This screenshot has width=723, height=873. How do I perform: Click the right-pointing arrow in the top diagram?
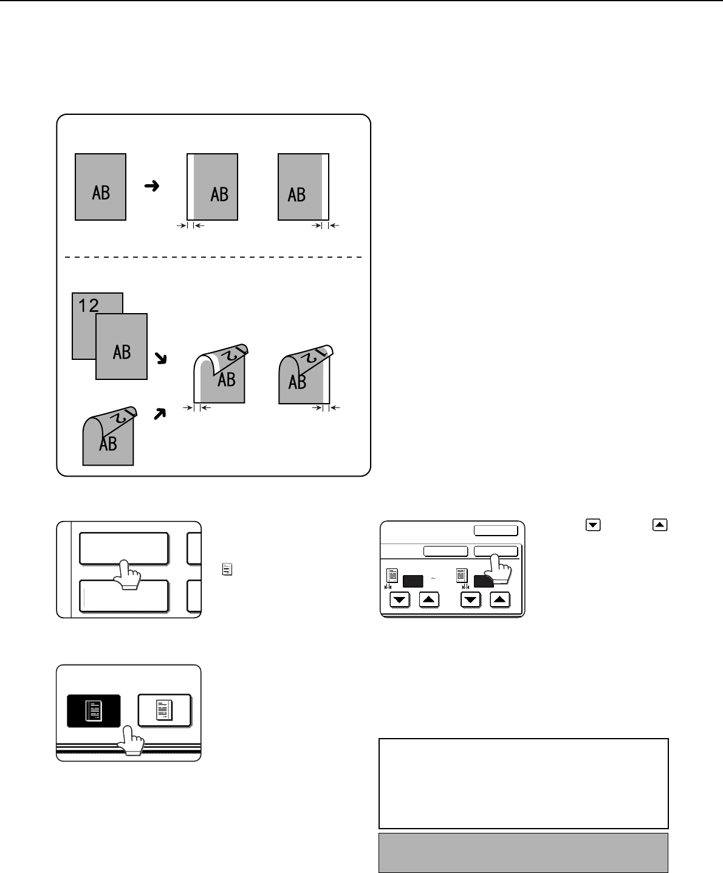tap(152, 187)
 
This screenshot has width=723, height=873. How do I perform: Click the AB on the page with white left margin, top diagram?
tap(219, 195)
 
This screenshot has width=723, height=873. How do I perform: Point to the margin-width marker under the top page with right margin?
tap(325, 226)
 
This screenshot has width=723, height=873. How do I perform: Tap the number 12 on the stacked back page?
tap(88, 306)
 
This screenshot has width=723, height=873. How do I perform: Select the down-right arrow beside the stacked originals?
tap(161, 360)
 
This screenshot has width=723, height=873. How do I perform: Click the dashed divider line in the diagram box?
tap(213, 257)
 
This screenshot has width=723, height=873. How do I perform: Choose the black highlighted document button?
tap(94, 711)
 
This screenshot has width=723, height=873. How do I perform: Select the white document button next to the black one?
tap(165, 711)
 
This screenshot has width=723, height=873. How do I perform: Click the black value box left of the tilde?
tap(413, 581)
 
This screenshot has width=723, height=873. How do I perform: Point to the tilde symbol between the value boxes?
tap(434, 578)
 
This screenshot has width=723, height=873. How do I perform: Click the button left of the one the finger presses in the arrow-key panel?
tap(445, 551)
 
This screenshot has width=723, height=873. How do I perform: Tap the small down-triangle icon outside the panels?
tap(589, 526)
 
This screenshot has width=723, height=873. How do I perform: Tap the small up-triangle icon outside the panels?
tap(659, 526)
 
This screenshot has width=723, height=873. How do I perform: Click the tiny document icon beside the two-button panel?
tap(225, 570)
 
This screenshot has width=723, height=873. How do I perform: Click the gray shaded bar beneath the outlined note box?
tap(523, 852)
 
